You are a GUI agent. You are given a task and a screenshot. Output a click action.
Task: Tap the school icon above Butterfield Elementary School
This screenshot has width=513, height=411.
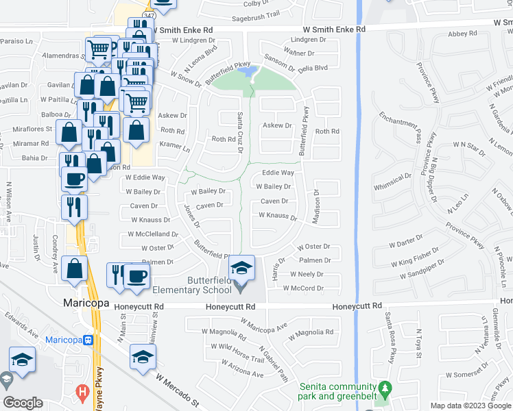[x=241, y=268]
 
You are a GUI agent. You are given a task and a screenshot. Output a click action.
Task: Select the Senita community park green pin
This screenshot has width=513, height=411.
[x=385, y=388]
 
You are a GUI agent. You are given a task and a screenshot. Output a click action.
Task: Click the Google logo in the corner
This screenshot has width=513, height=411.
[x=23, y=402]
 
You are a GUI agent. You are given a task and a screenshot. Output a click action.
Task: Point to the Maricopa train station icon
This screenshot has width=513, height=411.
[x=88, y=340]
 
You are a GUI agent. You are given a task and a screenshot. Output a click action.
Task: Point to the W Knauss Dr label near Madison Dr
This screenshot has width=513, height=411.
[x=277, y=216]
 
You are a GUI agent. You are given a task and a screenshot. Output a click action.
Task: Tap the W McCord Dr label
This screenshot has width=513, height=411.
[x=302, y=288]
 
